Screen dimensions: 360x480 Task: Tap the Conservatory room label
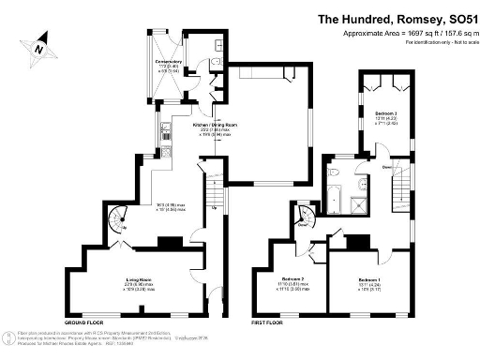169,67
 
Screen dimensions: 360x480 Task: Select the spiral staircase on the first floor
304,218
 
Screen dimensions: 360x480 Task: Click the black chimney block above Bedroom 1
358,243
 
